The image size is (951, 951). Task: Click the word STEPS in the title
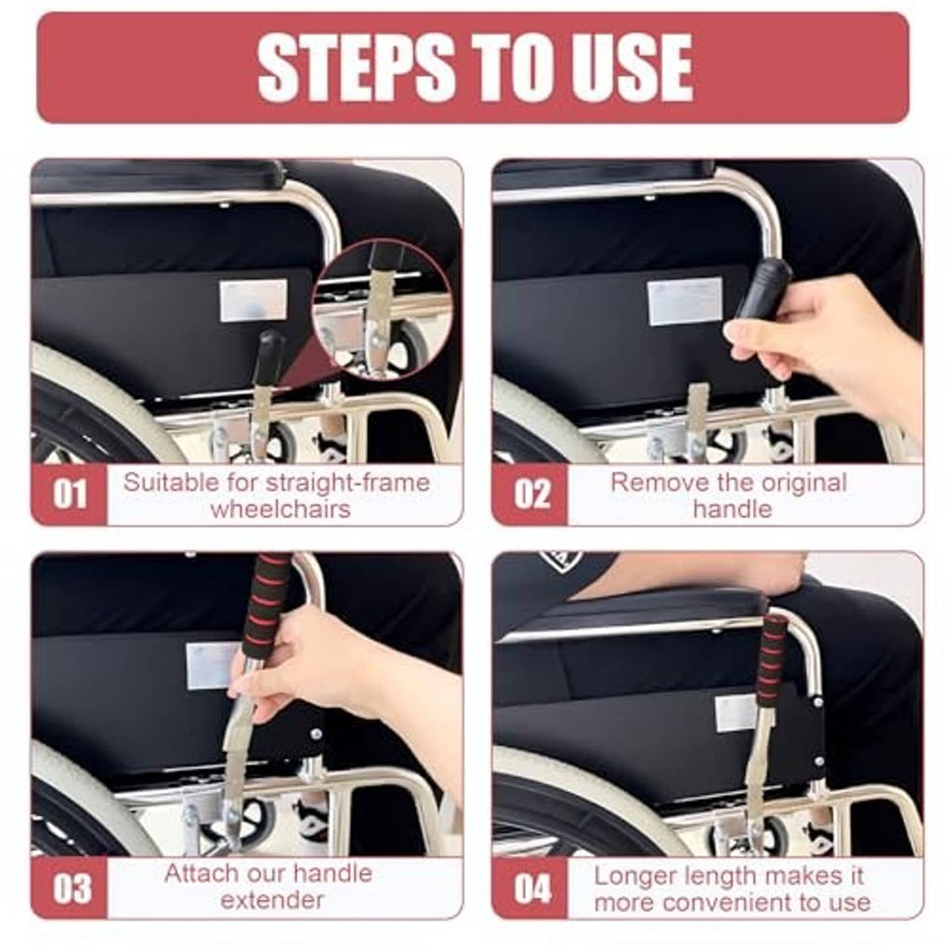click(356, 67)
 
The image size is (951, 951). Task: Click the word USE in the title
click(630, 67)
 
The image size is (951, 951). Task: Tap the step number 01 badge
click(69, 494)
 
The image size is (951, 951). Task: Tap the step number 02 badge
click(530, 494)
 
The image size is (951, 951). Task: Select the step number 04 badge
click(530, 889)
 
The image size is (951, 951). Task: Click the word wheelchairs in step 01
click(280, 509)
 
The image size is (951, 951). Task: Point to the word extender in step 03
click(272, 900)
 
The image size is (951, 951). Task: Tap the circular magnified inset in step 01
click(382, 309)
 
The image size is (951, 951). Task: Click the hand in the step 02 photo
click(831, 340)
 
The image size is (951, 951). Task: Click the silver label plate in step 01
click(254, 300)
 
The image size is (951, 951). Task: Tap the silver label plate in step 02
click(684, 302)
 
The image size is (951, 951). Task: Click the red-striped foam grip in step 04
click(772, 660)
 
